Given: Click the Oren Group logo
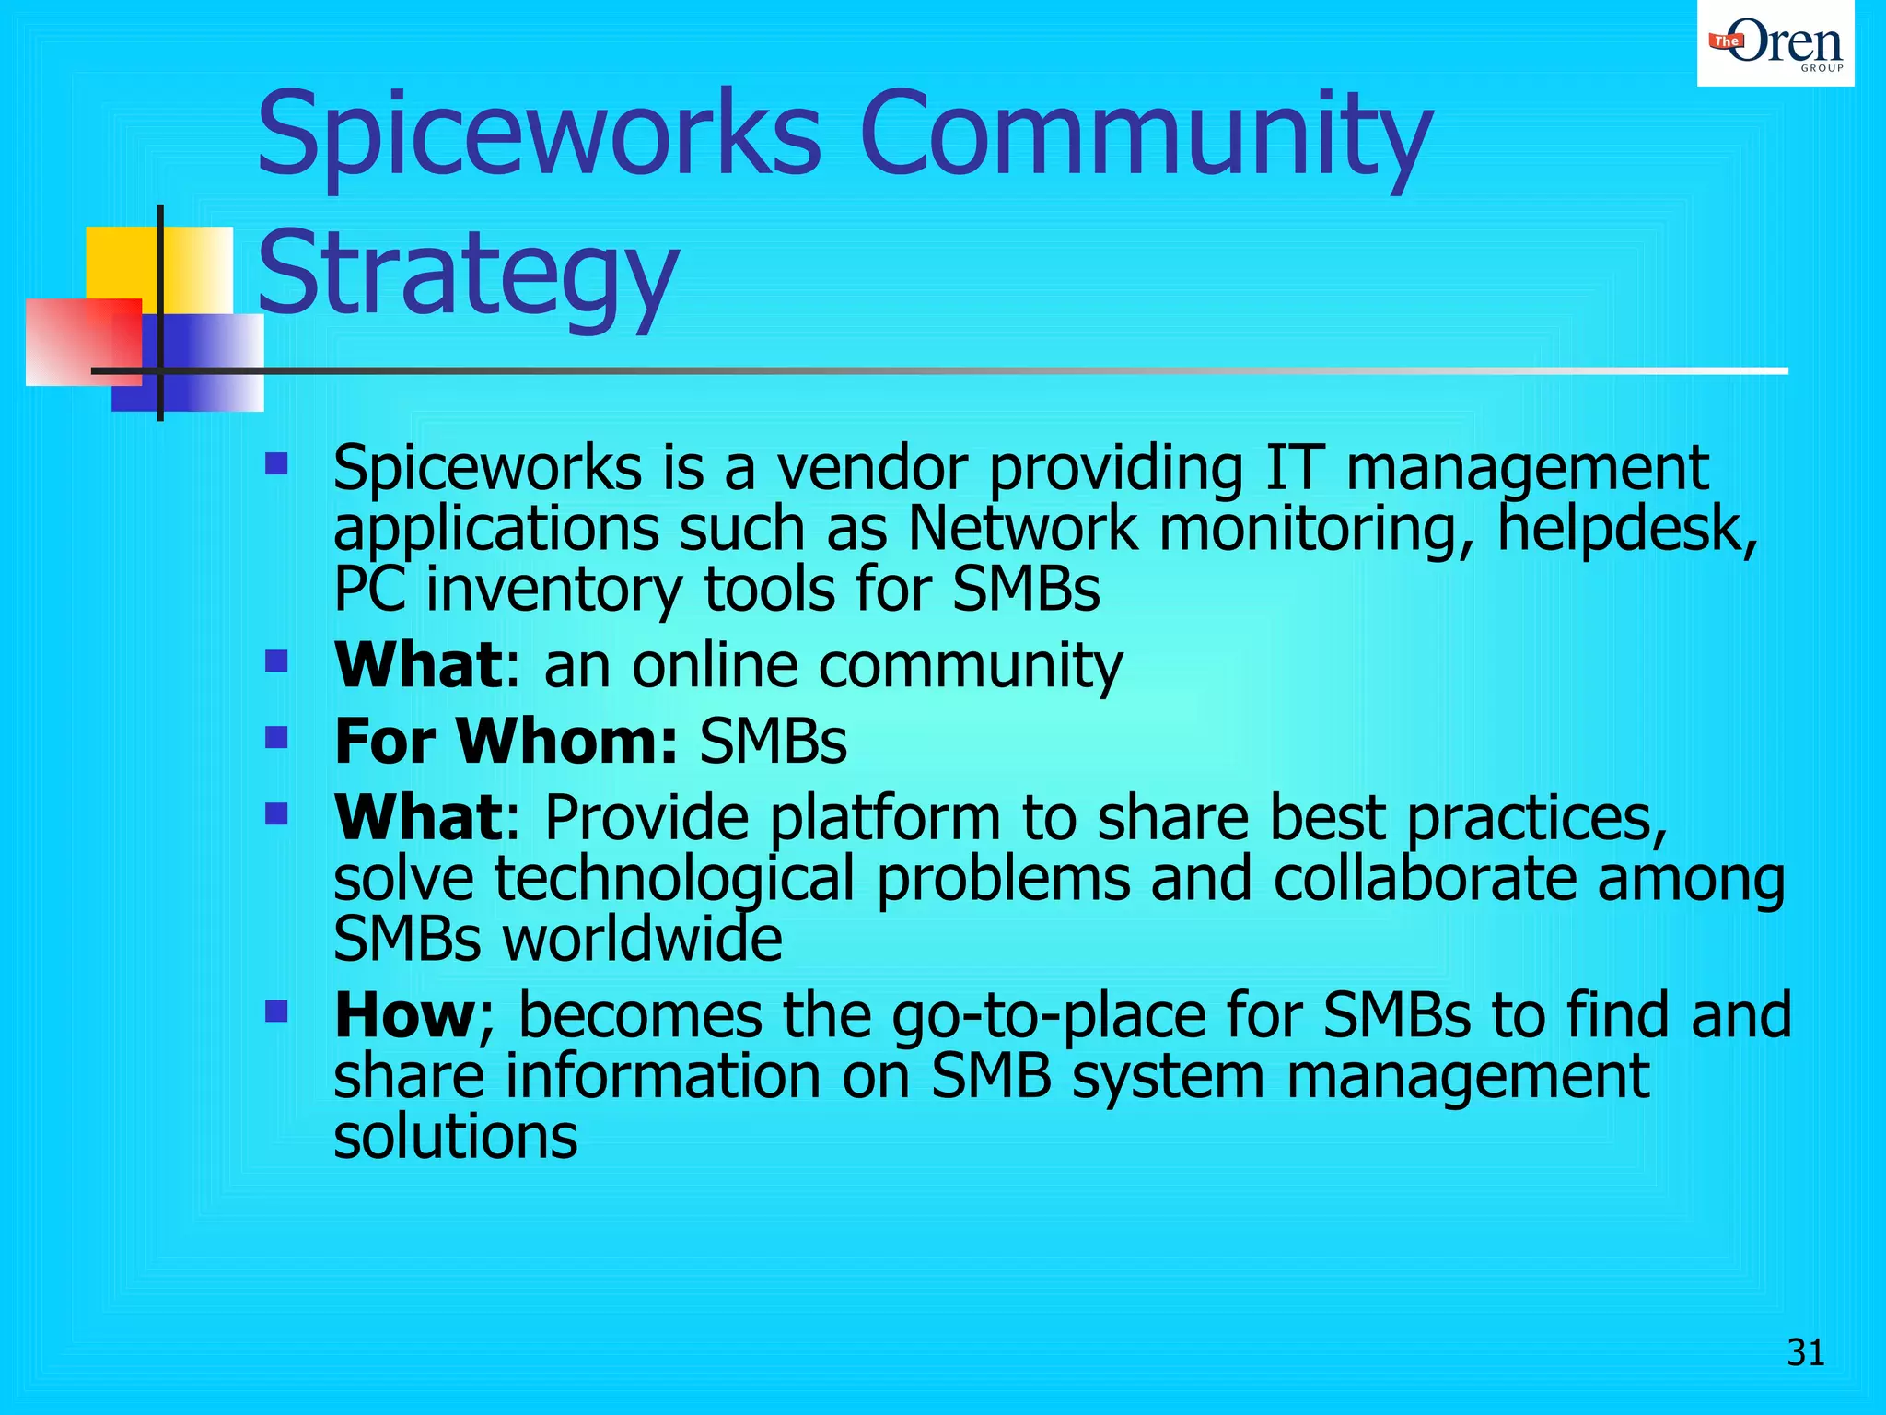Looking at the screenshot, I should (x=1775, y=43).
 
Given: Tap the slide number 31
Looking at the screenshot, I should (x=1805, y=1353).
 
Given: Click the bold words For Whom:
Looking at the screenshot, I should (x=506, y=741).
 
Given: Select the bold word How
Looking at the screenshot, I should (x=404, y=1015).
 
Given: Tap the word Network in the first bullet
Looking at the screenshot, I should (x=1022, y=529).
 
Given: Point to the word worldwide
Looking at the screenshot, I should (x=641, y=939).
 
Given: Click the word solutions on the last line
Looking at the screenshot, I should (x=455, y=1136).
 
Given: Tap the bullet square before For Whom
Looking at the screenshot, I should (x=276, y=737).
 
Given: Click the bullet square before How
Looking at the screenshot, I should (x=276, y=1012).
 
